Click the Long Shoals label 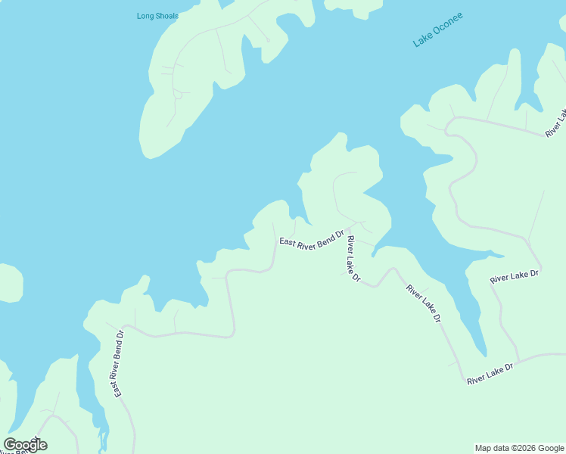click(157, 16)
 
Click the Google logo click(25, 445)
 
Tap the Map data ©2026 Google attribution click(519, 448)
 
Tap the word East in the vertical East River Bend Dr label click(117, 388)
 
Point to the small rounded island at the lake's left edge click(9, 283)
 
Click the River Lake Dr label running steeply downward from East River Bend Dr click(353, 259)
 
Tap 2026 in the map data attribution click(521, 448)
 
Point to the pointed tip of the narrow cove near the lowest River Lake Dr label click(484, 355)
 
